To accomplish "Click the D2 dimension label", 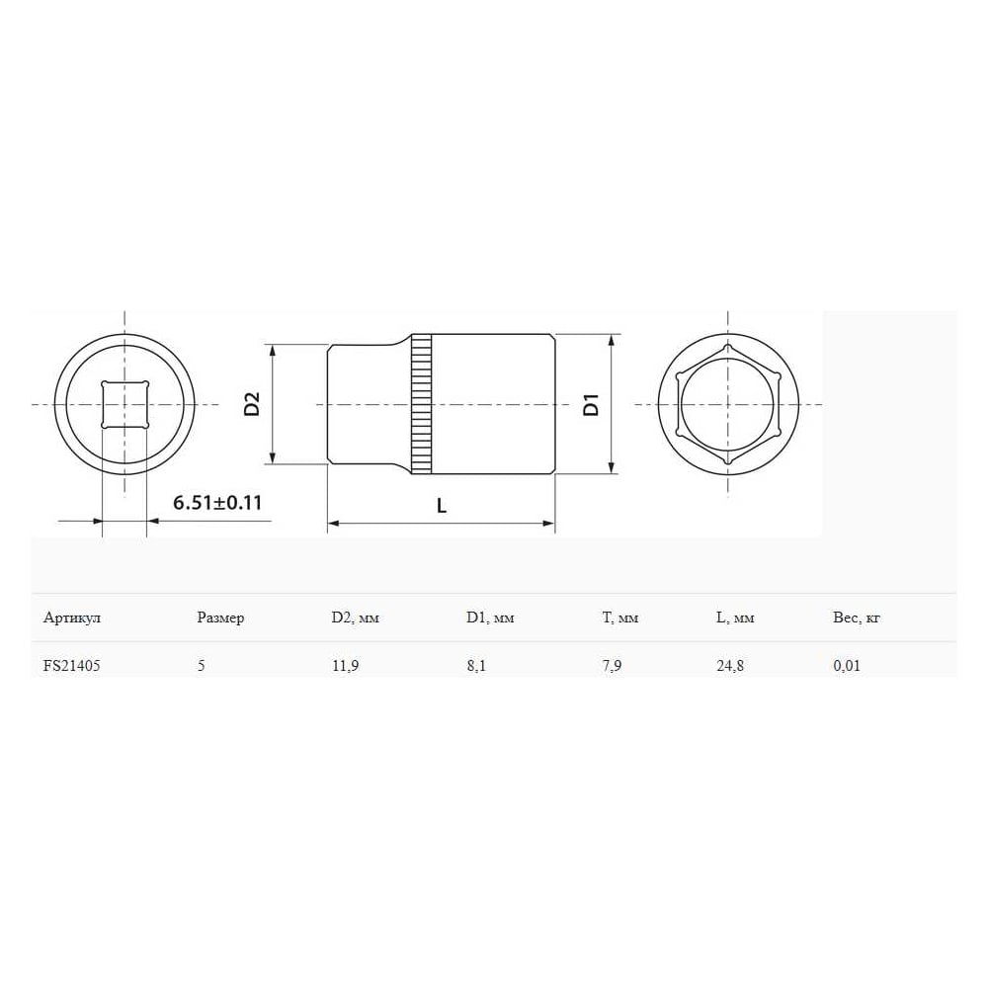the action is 252,404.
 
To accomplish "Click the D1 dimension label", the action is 591,404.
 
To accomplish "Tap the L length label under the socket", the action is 442,505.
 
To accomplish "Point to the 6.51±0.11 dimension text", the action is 217,503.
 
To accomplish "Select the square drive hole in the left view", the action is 124,404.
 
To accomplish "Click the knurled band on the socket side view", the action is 422,404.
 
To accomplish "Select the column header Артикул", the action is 72,617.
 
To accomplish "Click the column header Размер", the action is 220,617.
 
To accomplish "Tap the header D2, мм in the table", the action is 356,617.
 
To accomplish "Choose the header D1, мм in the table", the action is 490,617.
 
